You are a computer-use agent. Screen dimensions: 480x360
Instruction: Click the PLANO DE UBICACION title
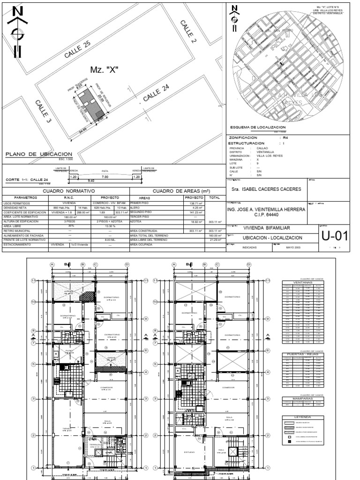tap(38, 154)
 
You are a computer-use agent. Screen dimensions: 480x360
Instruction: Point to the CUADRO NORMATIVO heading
tap(68, 191)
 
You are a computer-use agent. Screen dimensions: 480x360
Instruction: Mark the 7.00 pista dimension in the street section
tap(105, 177)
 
